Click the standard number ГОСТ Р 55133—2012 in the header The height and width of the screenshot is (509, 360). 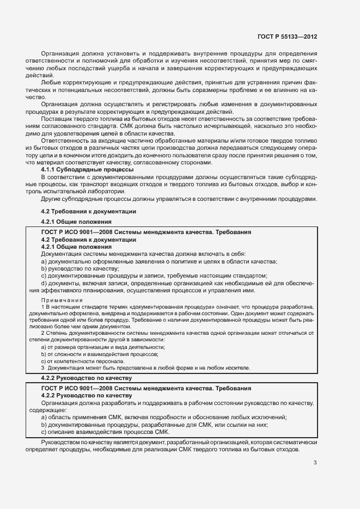click(x=287, y=36)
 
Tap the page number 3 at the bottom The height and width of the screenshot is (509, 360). click(x=315, y=463)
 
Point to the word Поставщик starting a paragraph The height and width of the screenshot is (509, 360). click(x=58, y=118)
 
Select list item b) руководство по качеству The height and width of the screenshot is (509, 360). click(x=80, y=268)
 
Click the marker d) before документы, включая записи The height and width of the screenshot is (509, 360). click(x=44, y=283)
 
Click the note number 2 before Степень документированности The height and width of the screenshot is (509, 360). click(x=42, y=333)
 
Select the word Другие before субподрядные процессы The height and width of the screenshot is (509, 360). click(x=52, y=199)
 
